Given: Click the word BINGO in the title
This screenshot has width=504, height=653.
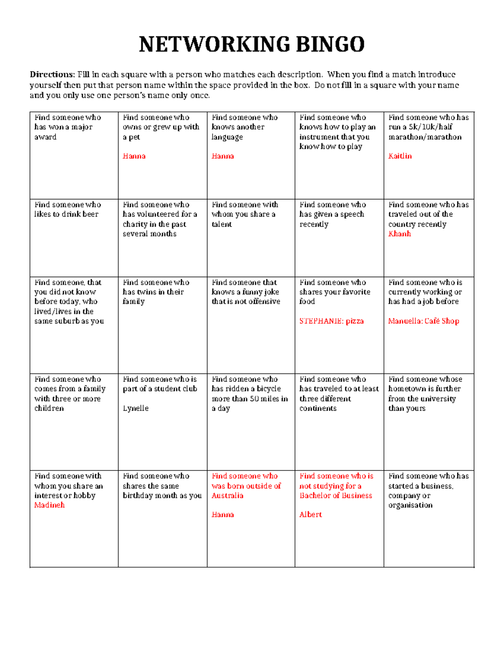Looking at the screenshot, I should (x=330, y=45).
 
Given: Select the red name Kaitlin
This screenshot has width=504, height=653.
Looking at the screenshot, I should (x=400, y=156).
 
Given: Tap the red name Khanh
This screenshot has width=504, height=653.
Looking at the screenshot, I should (x=399, y=234).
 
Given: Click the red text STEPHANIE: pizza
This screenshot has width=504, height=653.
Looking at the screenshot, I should (x=331, y=321).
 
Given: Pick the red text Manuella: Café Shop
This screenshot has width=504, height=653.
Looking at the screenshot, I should (x=423, y=321).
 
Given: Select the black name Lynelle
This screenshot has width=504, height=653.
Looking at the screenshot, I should (x=136, y=408).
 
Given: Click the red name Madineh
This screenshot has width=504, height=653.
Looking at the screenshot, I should (x=50, y=505).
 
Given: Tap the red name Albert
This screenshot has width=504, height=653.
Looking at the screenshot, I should (x=310, y=515).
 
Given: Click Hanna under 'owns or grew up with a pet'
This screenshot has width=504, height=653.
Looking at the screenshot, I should (x=134, y=156).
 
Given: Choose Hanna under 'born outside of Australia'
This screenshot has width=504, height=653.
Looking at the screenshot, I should (x=223, y=515).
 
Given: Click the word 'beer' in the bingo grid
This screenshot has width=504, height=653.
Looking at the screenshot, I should (x=91, y=214).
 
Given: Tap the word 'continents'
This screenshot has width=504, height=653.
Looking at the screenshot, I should (x=318, y=408).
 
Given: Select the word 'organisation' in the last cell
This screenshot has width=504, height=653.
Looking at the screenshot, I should (x=410, y=505).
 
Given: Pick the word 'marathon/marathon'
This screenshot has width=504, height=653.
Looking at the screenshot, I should (x=425, y=137).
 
